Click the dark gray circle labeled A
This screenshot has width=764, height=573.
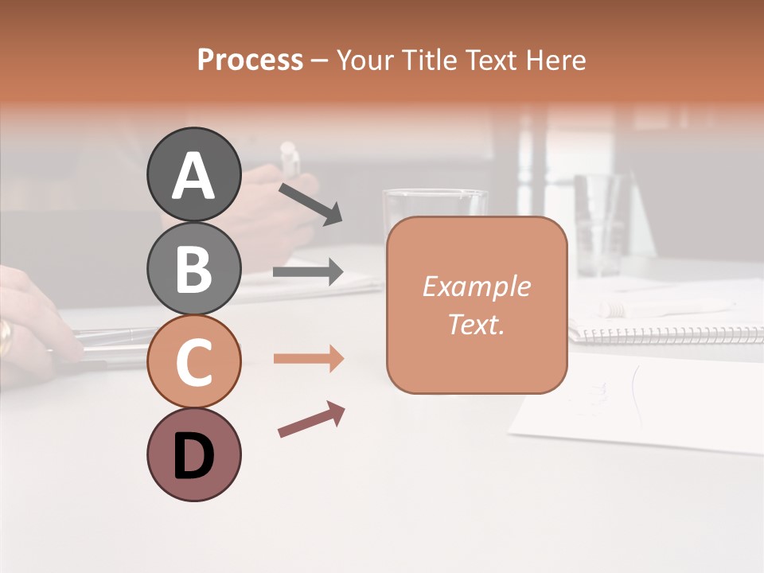193,174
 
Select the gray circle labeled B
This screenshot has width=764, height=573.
193,268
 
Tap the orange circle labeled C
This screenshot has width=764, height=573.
193,361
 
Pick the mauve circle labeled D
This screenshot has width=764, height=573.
193,455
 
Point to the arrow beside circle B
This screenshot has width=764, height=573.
308,272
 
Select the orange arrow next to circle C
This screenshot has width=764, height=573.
308,359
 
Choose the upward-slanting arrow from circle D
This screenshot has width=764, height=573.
311,419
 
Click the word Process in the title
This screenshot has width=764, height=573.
250,60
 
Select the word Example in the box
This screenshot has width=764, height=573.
476,286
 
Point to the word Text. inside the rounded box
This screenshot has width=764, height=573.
476,325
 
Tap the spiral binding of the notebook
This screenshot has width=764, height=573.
668,335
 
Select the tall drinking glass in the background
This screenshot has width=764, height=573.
598,224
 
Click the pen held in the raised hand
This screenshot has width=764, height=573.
290,159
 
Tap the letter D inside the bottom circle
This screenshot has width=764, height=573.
193,457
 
